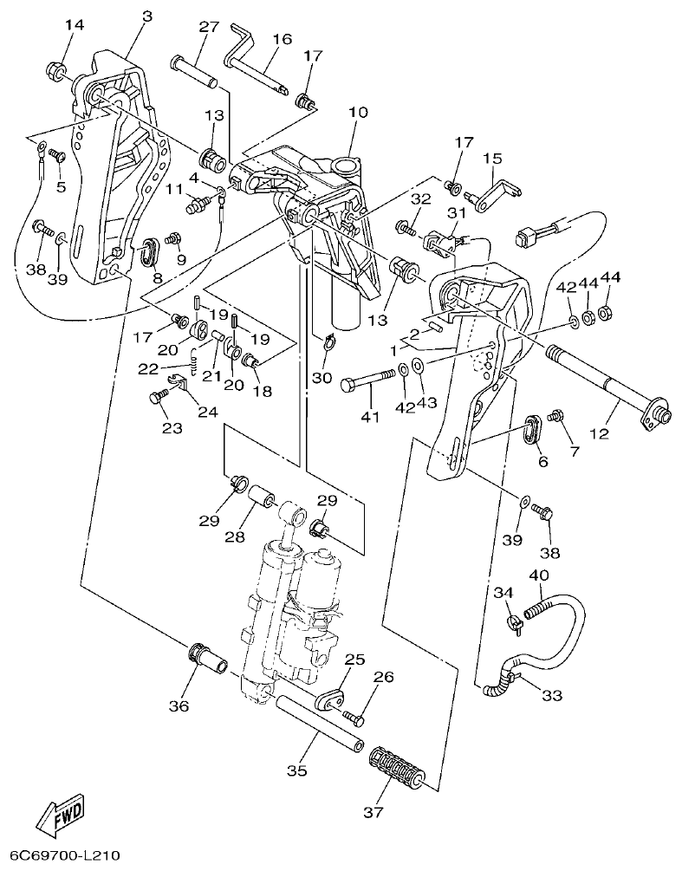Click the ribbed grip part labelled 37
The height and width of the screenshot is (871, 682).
click(x=397, y=766)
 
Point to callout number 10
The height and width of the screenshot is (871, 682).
click(x=358, y=113)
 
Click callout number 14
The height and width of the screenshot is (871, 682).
click(x=75, y=25)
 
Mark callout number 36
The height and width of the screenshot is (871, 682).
click(x=179, y=706)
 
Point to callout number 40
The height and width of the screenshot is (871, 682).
click(x=538, y=575)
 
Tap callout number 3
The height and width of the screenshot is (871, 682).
click(x=146, y=16)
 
